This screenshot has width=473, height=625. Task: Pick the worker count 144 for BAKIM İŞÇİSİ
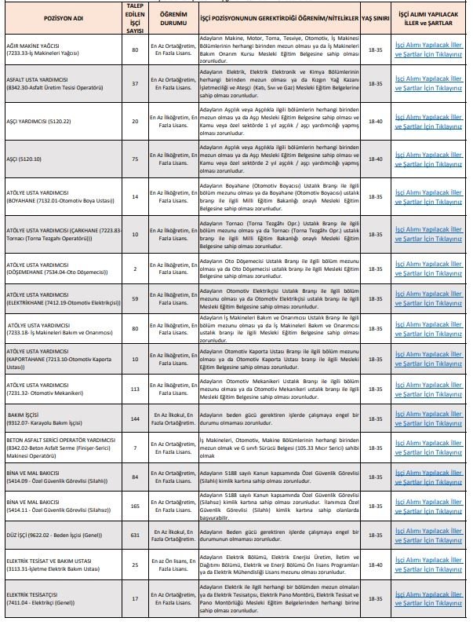(x=134, y=418)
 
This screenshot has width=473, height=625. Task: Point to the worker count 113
(x=134, y=389)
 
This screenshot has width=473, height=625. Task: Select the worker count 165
(x=134, y=506)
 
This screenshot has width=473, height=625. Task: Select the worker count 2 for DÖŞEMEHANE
(x=134, y=268)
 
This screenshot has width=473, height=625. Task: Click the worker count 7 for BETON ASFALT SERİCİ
(x=134, y=448)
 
